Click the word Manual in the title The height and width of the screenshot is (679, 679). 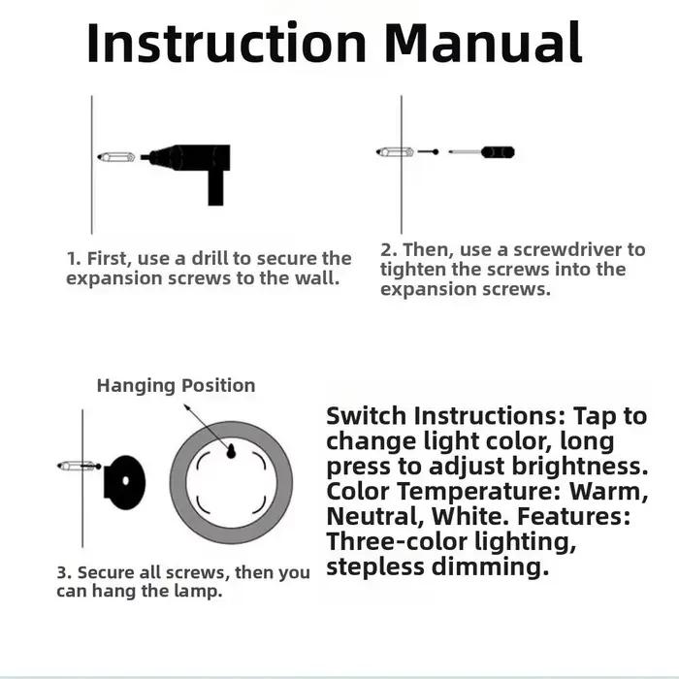[483, 43]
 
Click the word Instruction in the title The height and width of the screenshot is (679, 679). [227, 43]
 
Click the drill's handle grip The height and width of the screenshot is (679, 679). [215, 187]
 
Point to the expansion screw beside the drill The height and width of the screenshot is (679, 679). [116, 157]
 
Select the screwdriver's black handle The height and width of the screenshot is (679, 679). [498, 152]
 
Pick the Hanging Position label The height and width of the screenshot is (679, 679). [176, 385]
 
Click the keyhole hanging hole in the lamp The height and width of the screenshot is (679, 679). [231, 451]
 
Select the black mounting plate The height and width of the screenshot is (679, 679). [124, 482]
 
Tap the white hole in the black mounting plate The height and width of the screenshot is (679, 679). [126, 481]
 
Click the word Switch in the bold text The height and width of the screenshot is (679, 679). [367, 416]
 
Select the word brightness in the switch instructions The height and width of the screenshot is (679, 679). [579, 467]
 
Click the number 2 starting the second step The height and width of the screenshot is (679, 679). [387, 250]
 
